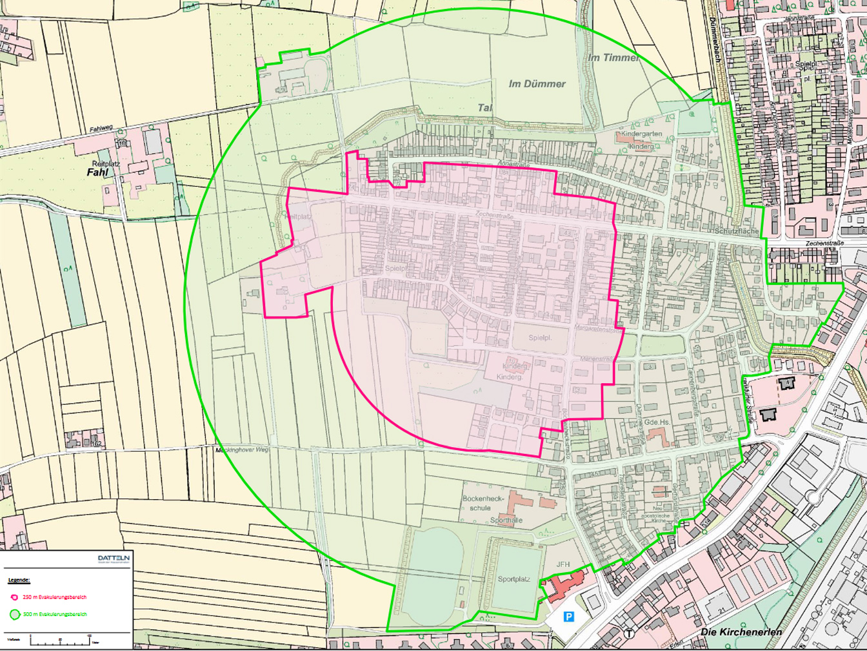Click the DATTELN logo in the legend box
(x=114, y=558)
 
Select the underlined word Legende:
(x=19, y=581)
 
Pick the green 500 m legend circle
(x=14, y=615)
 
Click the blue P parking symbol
(x=568, y=617)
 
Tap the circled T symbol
(x=629, y=634)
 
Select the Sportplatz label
(x=513, y=579)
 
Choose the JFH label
(x=563, y=564)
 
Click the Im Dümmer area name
(x=537, y=84)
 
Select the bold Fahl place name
(x=97, y=172)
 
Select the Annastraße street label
(x=514, y=165)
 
